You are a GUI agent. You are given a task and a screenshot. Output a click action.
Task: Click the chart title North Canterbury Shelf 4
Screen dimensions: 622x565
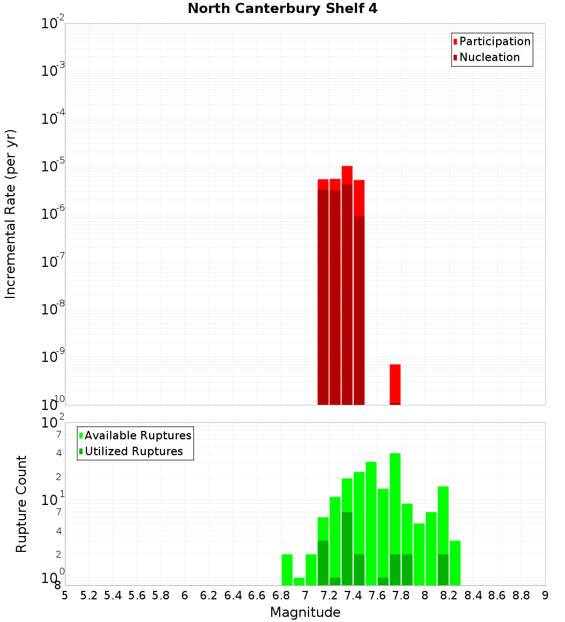282,9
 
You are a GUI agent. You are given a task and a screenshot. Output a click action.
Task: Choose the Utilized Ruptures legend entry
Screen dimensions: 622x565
133,451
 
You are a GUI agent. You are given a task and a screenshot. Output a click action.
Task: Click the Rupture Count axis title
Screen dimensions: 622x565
21,503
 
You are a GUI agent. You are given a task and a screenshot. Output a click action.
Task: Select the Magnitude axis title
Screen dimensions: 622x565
305,612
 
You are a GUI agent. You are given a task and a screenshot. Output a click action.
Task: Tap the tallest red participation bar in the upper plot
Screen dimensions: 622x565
347,175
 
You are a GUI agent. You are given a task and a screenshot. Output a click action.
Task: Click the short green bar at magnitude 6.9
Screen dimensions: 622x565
299,581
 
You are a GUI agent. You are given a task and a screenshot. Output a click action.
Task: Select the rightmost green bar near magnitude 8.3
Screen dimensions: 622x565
455,563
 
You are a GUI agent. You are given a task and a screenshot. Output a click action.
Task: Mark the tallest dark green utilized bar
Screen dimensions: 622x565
347,548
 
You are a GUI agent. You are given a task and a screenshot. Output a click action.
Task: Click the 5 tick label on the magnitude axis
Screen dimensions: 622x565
65,595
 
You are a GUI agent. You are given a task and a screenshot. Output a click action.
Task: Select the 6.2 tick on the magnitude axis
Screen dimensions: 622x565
209,595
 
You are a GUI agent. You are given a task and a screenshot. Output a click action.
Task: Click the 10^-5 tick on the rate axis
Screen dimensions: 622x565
53,166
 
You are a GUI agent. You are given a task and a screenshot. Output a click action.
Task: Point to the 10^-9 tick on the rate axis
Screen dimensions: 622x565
53,357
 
